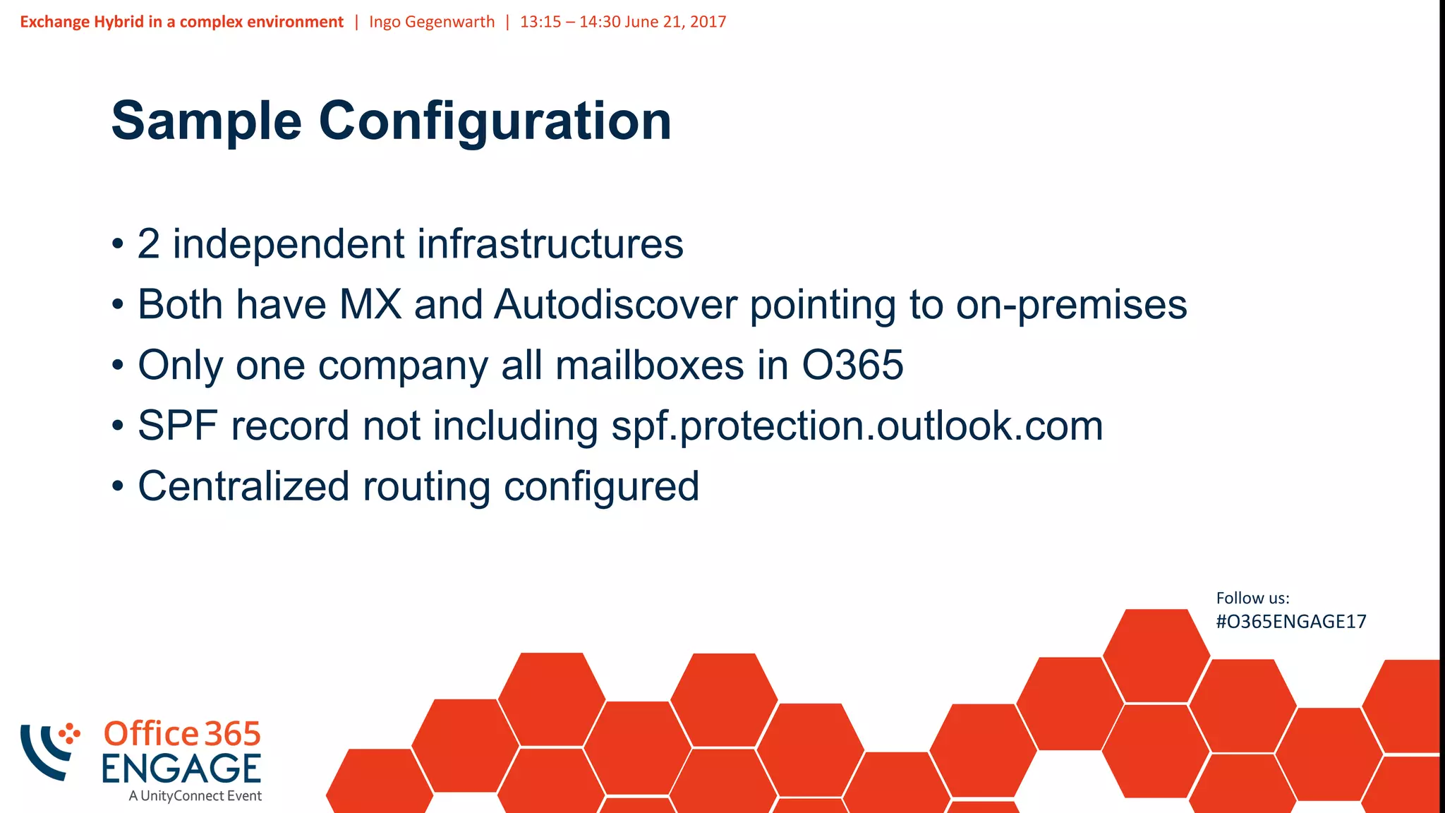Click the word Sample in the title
(x=206, y=121)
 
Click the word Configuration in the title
(x=495, y=121)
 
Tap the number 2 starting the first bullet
(x=148, y=244)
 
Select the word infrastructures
(x=550, y=244)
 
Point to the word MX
(x=370, y=305)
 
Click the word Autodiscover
(x=615, y=305)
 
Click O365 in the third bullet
(x=852, y=366)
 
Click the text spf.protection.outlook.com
(x=857, y=426)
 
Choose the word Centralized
(x=243, y=487)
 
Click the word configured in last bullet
(x=601, y=487)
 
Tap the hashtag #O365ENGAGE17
(x=1290, y=622)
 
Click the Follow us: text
(x=1252, y=598)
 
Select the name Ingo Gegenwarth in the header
(x=432, y=22)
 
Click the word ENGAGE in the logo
(x=181, y=769)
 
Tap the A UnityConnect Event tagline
(x=195, y=796)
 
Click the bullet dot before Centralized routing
(x=118, y=487)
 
